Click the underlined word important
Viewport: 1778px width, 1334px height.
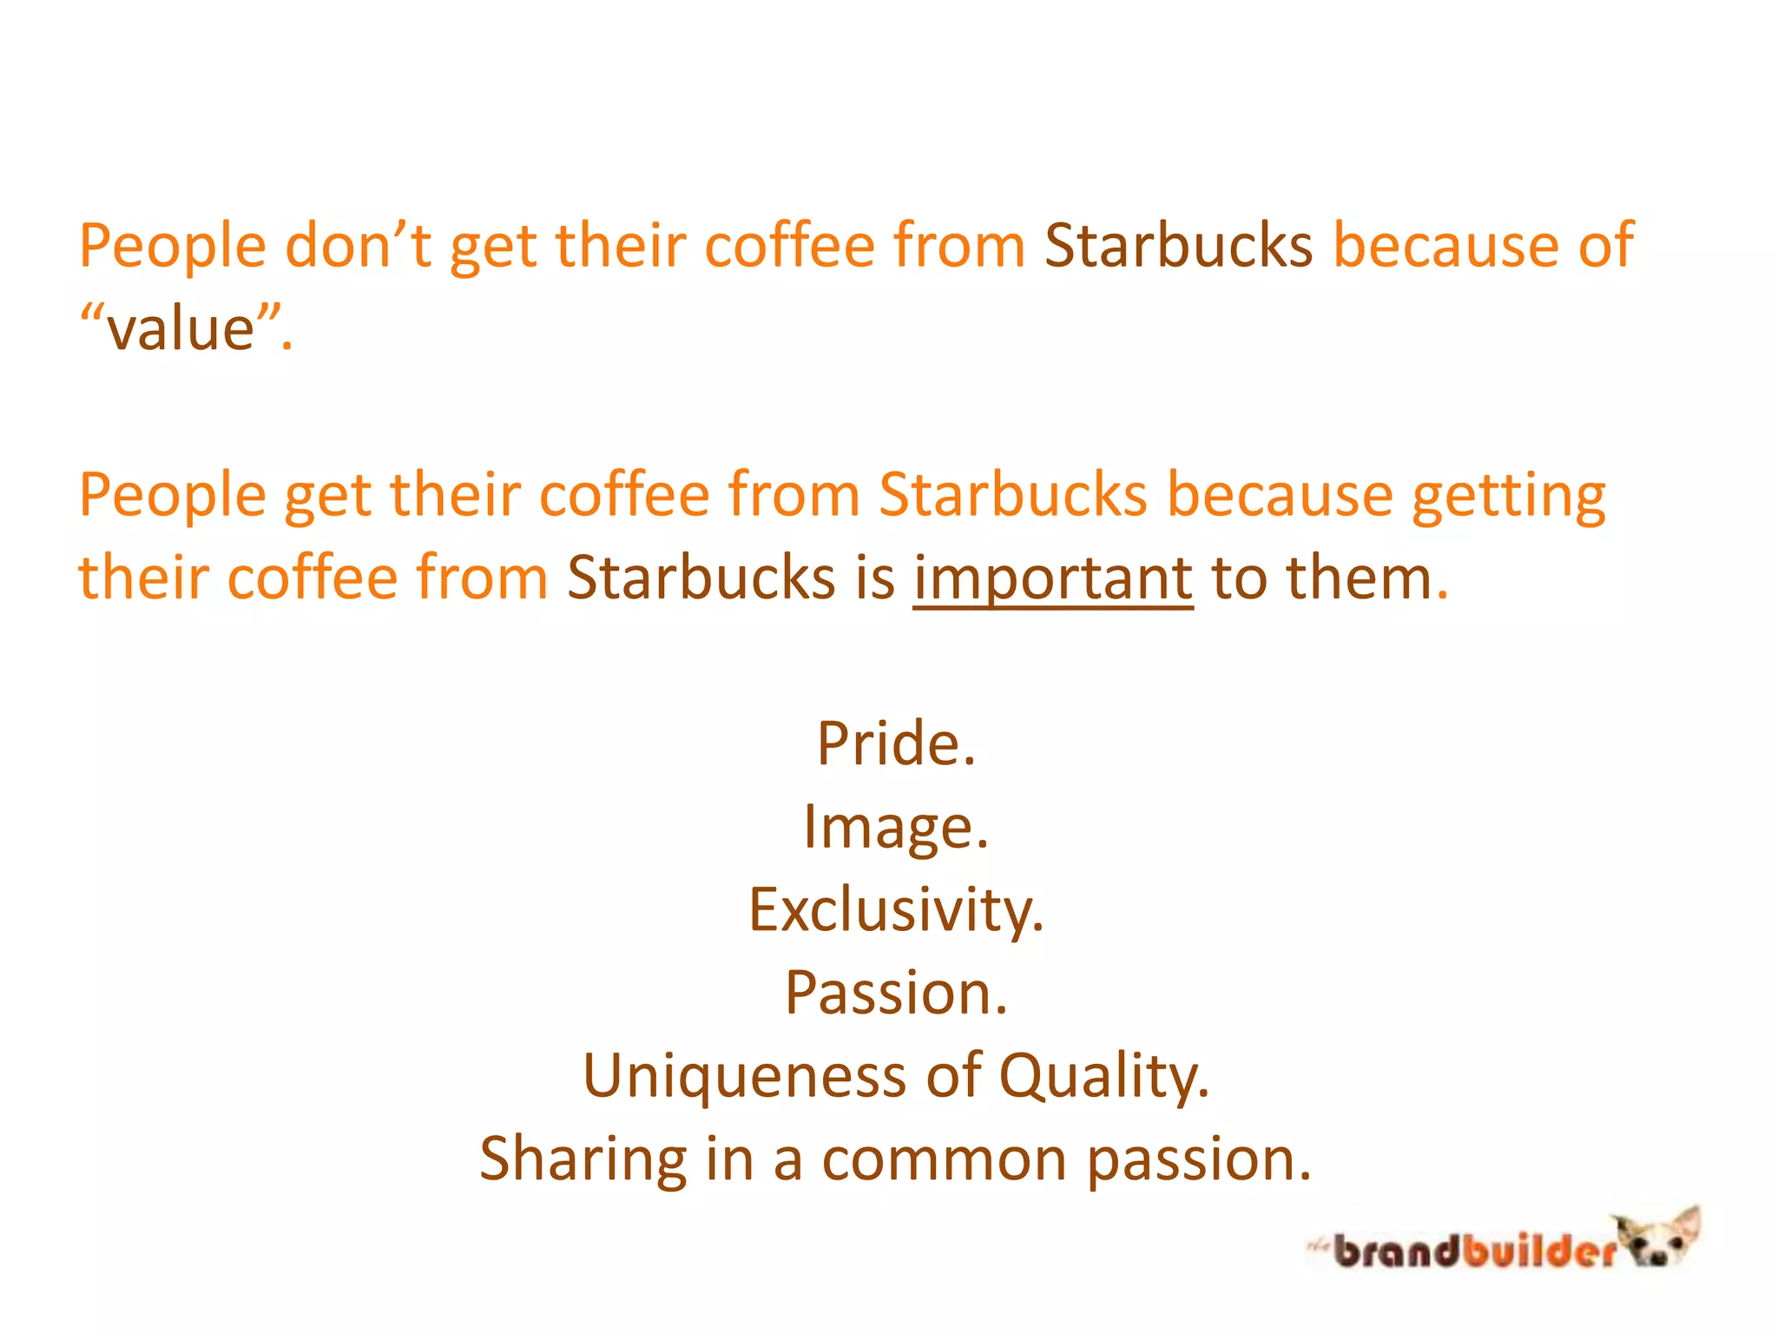click(1053, 579)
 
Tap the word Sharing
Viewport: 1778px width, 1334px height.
click(583, 1159)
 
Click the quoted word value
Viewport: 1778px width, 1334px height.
click(181, 330)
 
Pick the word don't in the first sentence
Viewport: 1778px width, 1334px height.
click(358, 246)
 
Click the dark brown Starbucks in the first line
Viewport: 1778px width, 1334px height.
click(1178, 246)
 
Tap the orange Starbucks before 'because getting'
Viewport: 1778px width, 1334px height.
click(1012, 495)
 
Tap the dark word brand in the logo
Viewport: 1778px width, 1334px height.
click(1395, 1251)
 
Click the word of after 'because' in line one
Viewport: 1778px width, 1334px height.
click(1606, 246)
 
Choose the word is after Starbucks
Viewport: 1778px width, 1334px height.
click(874, 579)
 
